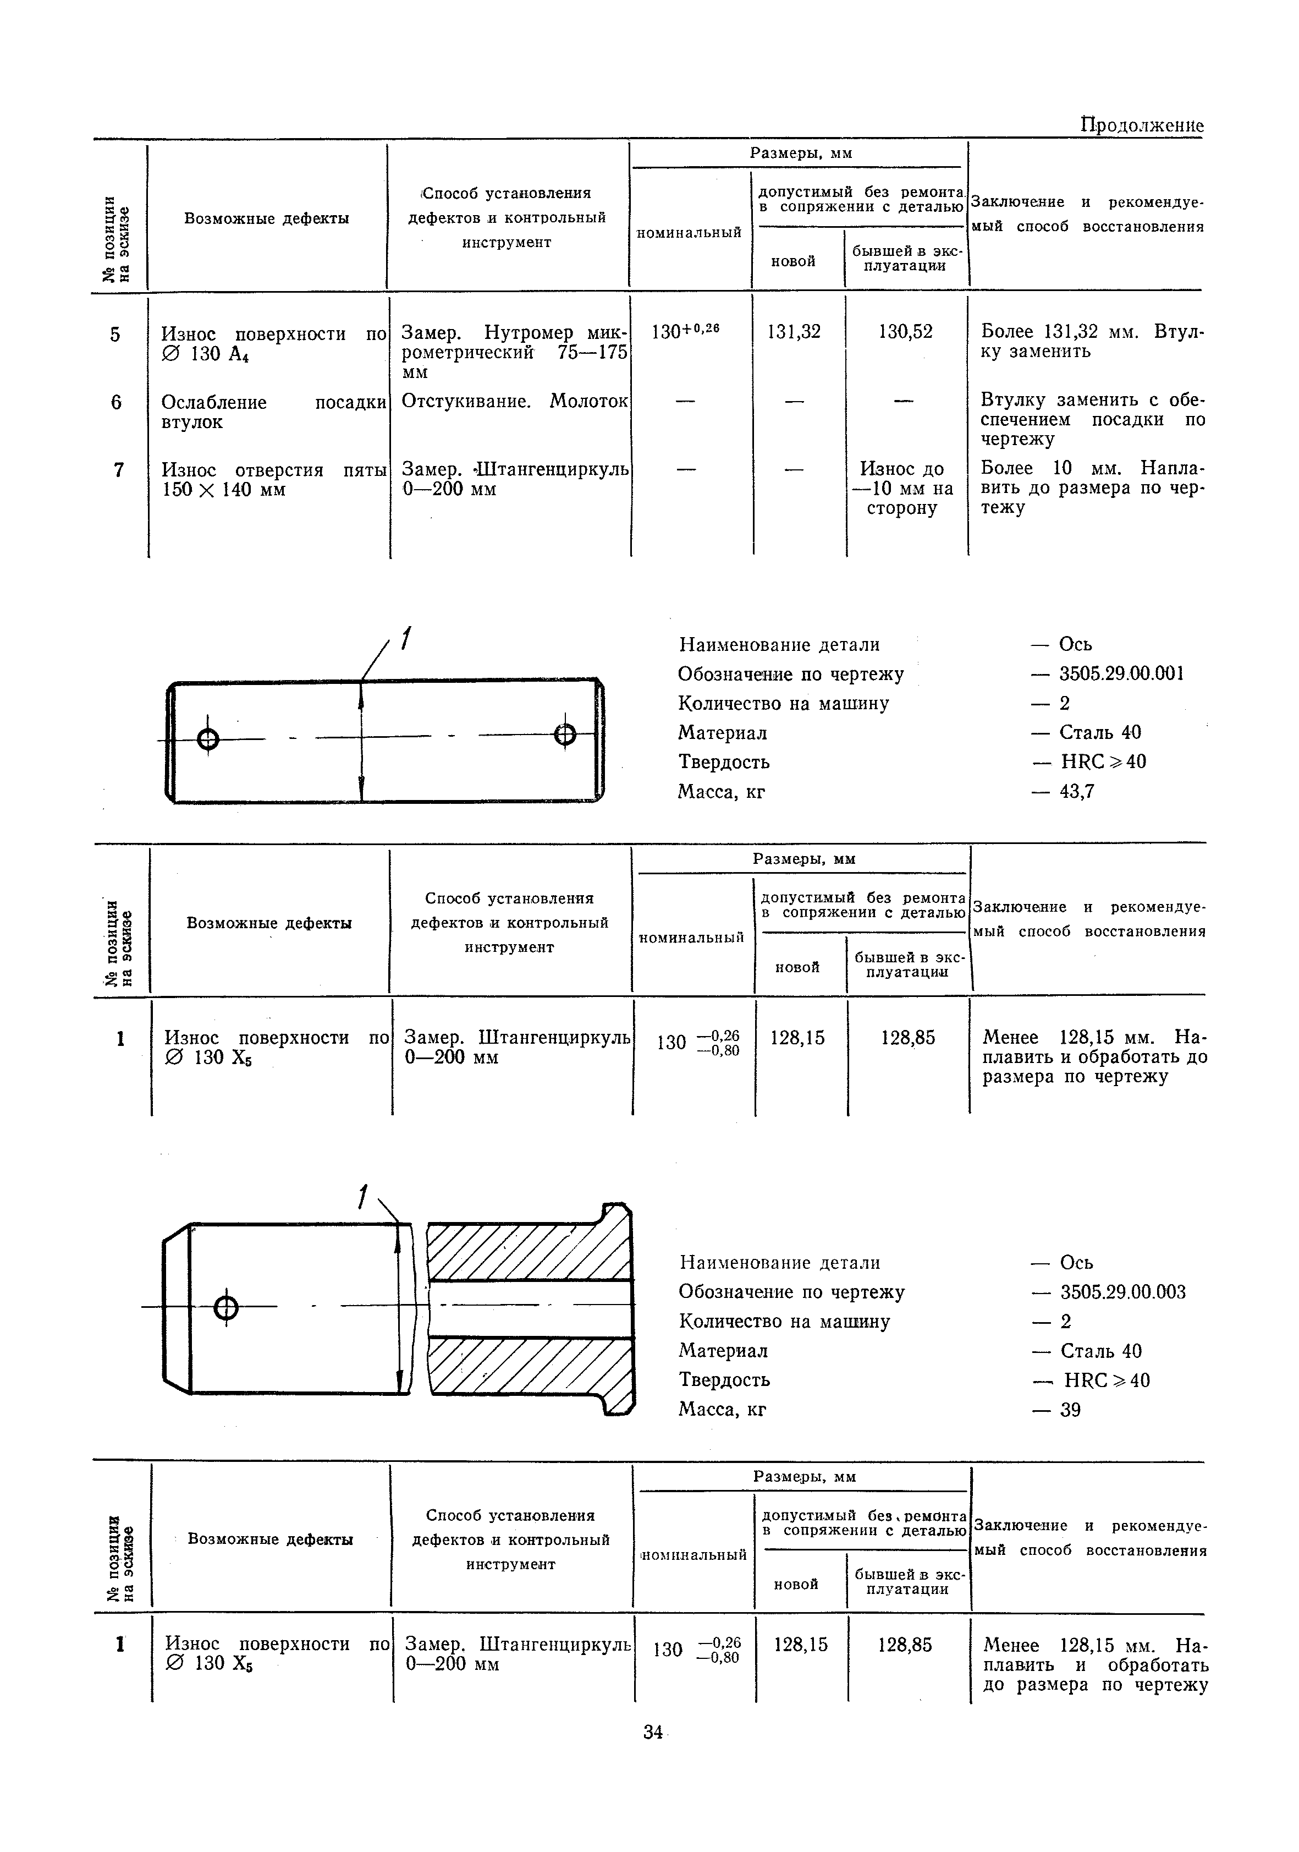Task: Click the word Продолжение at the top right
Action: (1141, 126)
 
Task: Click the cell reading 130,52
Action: (906, 332)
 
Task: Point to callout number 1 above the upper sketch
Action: (405, 638)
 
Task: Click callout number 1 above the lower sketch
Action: (364, 1197)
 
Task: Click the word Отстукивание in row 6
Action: (466, 401)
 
